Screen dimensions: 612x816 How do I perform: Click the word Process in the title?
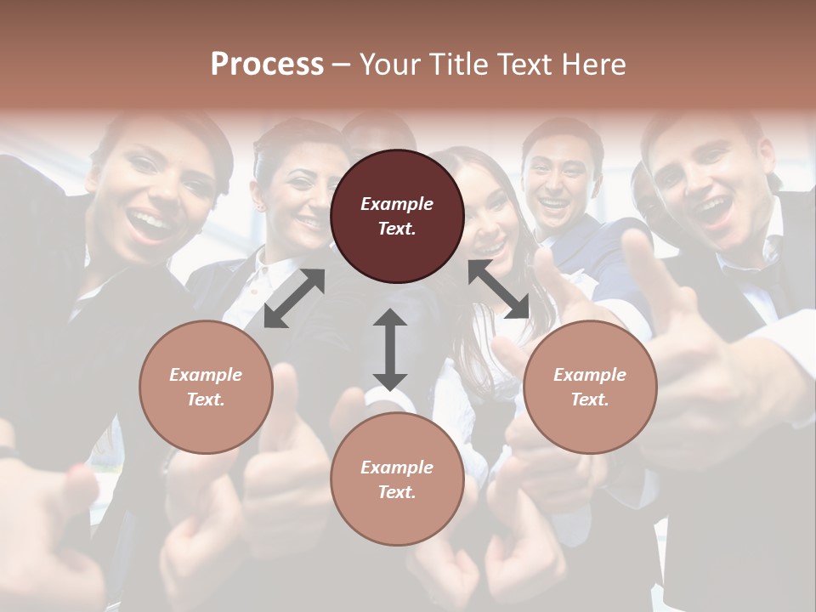tap(267, 65)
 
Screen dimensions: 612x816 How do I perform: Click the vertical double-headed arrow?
tap(390, 349)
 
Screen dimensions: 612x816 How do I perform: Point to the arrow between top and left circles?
tap(294, 298)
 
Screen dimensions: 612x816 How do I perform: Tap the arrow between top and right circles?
tap(498, 290)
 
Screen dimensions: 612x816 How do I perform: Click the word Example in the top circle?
tap(397, 204)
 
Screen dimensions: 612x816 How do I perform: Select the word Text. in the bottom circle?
tap(397, 492)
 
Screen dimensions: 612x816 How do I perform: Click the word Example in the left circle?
tap(206, 375)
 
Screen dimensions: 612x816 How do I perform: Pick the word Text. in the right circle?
tap(590, 399)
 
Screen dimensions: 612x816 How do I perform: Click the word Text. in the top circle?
tap(397, 229)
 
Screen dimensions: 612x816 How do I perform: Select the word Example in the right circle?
tap(590, 375)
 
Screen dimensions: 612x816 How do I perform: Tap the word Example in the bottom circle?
tap(397, 467)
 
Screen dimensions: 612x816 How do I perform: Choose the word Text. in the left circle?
tap(206, 399)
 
